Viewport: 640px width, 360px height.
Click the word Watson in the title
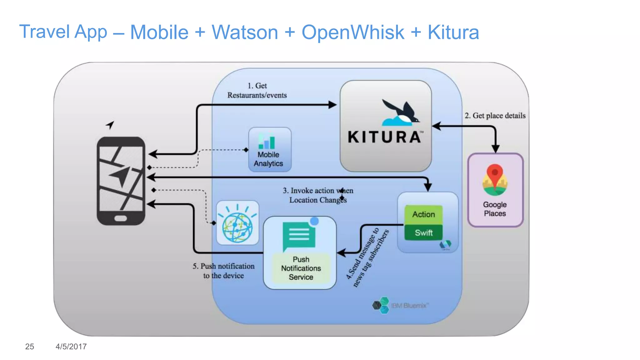point(245,32)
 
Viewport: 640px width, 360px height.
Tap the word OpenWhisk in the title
point(352,32)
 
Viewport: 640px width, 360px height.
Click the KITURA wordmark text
point(385,137)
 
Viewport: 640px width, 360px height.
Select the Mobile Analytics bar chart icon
point(267,141)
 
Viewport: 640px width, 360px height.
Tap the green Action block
point(423,214)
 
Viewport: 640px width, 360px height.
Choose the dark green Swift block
point(423,232)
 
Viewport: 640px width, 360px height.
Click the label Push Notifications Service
point(301,268)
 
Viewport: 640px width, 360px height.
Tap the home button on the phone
point(121,218)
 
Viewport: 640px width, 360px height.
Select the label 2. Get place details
point(495,116)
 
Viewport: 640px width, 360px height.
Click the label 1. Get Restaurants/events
point(257,90)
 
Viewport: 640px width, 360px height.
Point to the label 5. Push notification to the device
point(223,271)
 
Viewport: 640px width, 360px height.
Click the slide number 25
point(29,347)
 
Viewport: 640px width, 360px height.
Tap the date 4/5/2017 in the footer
point(71,347)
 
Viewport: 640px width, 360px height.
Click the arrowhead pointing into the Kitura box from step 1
point(332,105)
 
